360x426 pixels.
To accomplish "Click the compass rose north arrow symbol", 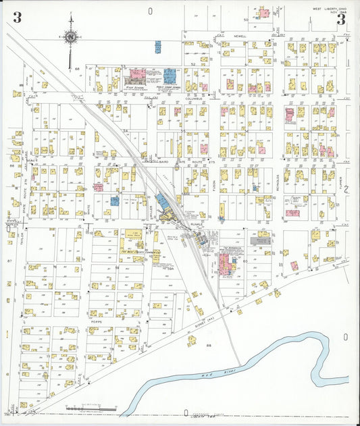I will [70, 36].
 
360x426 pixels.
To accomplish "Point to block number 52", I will [192, 64].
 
